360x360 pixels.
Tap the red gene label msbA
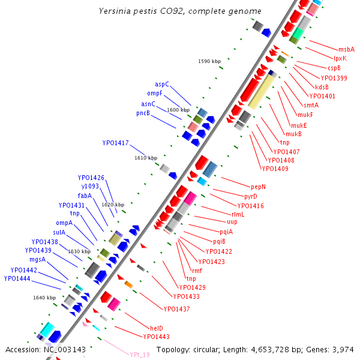pos(346,50)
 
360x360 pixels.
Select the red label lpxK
pos(340,59)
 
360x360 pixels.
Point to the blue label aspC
pos(162,85)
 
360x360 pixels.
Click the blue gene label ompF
pos(155,94)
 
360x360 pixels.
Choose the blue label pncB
pos(143,113)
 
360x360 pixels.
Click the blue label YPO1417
pos(115,143)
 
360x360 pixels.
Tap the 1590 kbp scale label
pos(209,61)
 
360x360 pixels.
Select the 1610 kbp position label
pos(146,158)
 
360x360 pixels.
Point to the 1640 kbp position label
pos(44,298)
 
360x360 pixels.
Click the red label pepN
pos(258,187)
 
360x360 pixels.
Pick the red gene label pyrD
pos(250,196)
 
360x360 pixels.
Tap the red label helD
pos(156,328)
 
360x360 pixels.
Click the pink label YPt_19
pos(140,355)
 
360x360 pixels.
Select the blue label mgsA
pos(37,259)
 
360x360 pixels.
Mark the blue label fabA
pos(84,196)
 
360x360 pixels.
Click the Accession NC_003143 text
pos(46,349)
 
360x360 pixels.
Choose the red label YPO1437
pos(177,309)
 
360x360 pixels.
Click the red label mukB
pos(293,134)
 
